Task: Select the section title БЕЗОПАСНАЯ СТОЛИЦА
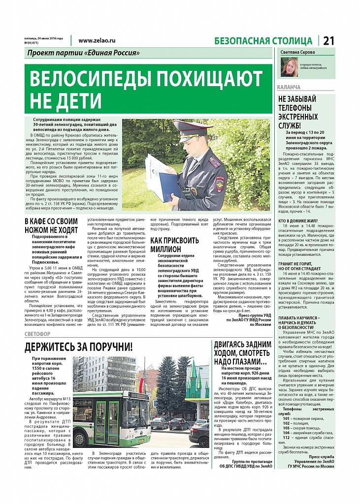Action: point(263,41)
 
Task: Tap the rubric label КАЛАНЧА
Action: point(289,87)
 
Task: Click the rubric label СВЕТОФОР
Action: point(39,334)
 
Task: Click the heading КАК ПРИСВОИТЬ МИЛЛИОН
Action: point(175,245)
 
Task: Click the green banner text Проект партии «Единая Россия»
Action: point(83,53)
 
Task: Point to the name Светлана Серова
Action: point(297,52)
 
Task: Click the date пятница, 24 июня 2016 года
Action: point(44,38)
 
